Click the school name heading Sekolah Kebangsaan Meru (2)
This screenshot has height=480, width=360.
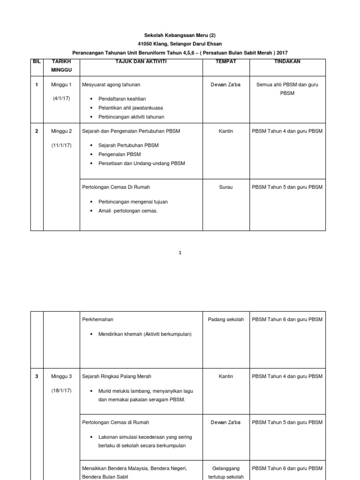click(180, 35)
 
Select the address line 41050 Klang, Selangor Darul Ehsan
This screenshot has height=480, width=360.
click(180, 44)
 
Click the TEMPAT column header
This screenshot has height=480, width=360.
click(225, 61)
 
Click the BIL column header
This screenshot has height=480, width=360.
click(37, 61)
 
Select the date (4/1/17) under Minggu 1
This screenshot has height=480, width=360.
click(61, 98)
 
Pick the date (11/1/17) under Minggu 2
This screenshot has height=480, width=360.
click(61, 145)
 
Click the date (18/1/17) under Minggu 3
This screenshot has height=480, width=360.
click(61, 390)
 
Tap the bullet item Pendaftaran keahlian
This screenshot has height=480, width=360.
click(122, 99)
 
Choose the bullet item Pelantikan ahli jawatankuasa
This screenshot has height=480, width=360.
click(130, 108)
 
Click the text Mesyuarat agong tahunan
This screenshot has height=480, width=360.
click(111, 85)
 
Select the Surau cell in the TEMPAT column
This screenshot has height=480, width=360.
click(225, 187)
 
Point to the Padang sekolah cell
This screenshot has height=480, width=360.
click(225, 320)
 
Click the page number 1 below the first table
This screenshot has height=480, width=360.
click(180, 253)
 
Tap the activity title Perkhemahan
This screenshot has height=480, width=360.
click(97, 320)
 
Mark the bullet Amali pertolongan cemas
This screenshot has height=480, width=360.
click(128, 211)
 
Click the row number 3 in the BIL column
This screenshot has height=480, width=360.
click(37, 376)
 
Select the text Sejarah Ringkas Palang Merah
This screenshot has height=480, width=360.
click(116, 376)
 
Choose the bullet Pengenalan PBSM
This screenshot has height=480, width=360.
click(120, 154)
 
